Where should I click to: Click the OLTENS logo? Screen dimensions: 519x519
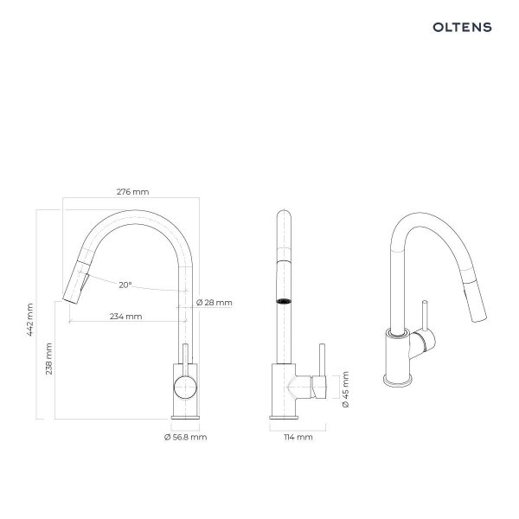tap(462, 27)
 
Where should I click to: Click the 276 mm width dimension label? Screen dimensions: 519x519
tap(132, 192)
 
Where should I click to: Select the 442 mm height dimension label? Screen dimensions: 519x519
tap(29, 319)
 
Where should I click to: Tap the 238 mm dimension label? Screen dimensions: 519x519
tap(48, 358)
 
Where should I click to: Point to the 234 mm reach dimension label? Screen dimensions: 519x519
tap(125, 317)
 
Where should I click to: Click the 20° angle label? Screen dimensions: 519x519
tap(125, 285)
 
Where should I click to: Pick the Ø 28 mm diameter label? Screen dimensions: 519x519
tap(215, 303)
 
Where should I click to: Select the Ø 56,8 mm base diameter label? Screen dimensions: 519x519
tap(185, 437)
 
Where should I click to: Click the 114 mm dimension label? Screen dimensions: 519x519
tap(298, 437)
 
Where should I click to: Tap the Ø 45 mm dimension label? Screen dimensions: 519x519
tap(345, 389)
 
